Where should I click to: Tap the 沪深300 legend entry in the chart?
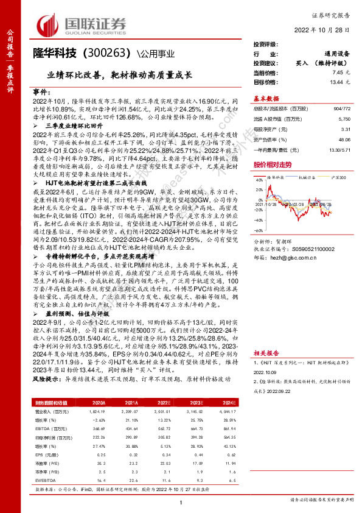point(338,177)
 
